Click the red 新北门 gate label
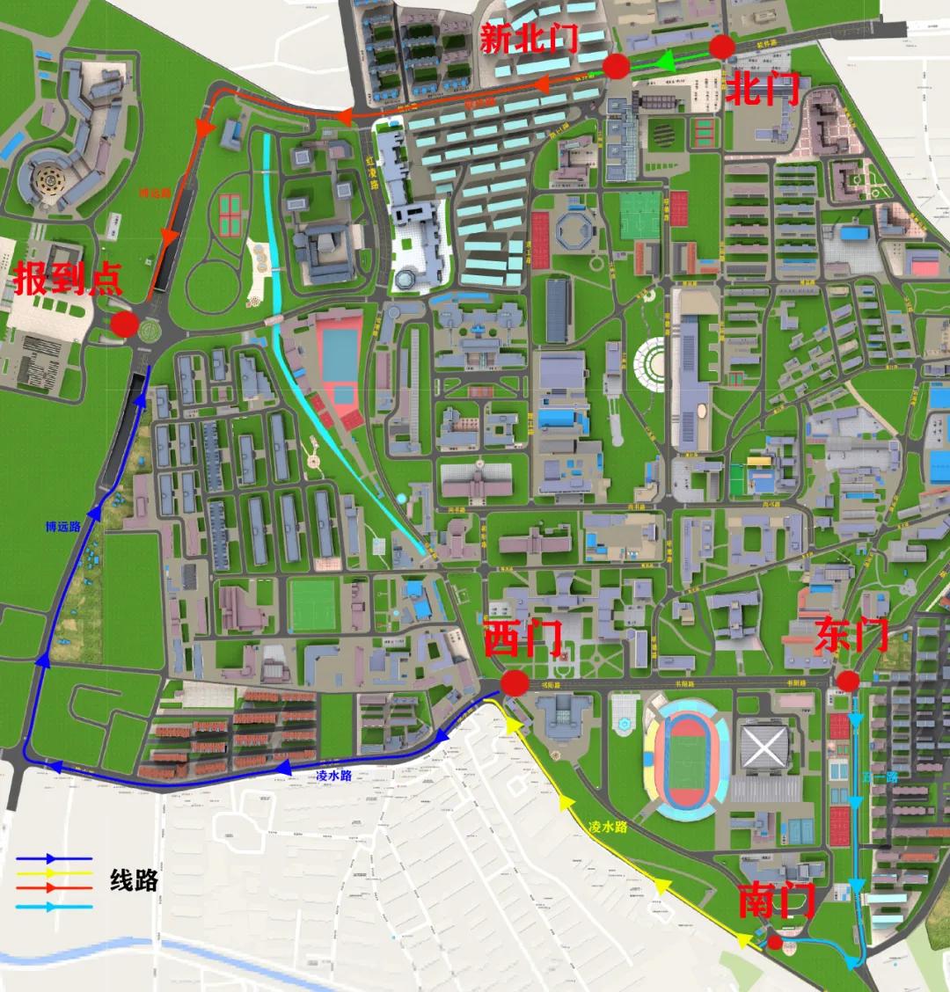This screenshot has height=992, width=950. click(x=529, y=39)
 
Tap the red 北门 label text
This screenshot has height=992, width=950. click(x=762, y=88)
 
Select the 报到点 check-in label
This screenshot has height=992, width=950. click(x=68, y=280)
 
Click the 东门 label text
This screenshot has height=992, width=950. click(x=851, y=635)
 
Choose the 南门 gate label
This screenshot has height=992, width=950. click(x=776, y=901)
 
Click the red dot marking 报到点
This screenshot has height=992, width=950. click(x=124, y=325)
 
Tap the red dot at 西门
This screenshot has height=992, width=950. click(x=515, y=683)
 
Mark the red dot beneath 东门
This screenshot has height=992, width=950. click(x=847, y=681)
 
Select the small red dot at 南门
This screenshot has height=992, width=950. click(x=774, y=943)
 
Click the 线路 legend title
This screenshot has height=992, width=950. click(x=135, y=879)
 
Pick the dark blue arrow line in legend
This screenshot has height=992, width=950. click(x=54, y=857)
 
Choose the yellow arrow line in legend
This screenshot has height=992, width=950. click(x=54, y=872)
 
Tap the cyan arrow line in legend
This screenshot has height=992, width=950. click(x=54, y=905)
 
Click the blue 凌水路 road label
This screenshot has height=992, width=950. click(x=333, y=776)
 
